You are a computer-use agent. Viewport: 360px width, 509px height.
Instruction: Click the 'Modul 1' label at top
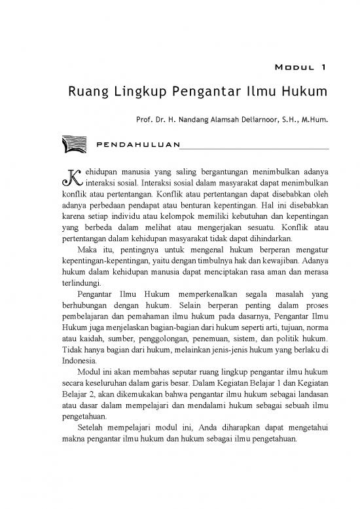click(298, 67)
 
